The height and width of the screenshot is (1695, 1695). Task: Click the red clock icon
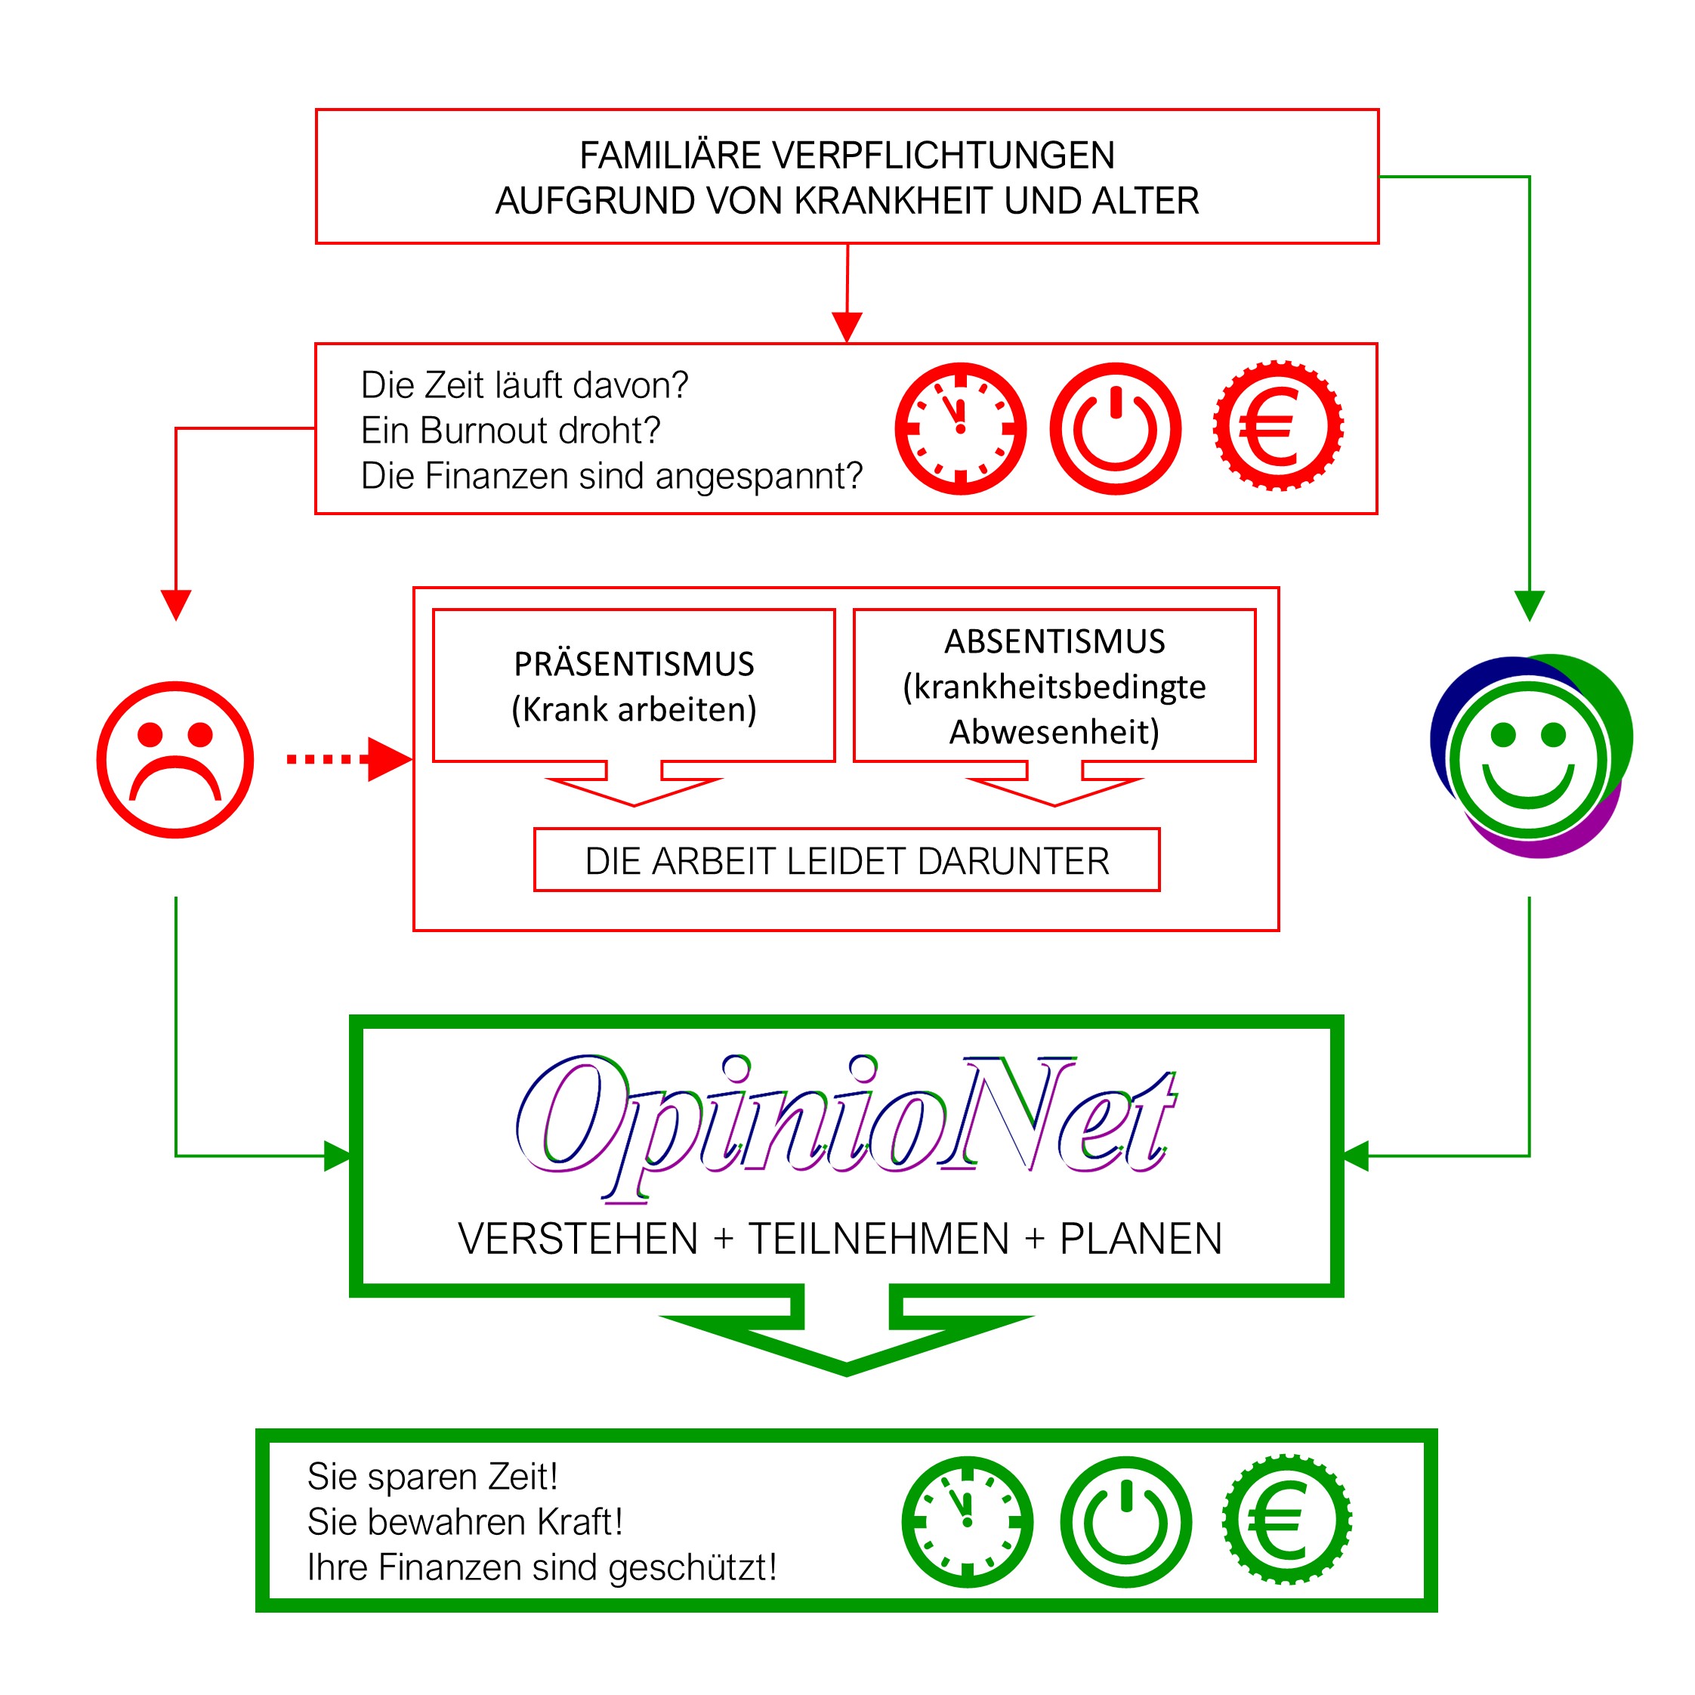(960, 428)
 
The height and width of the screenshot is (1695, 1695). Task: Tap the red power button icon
(1115, 428)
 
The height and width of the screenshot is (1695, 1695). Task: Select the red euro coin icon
(1277, 426)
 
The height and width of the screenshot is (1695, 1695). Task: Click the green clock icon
(967, 1521)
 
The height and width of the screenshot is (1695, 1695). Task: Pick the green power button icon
(1125, 1521)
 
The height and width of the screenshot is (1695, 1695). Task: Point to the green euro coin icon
(1286, 1520)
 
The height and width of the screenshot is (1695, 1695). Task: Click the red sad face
(175, 760)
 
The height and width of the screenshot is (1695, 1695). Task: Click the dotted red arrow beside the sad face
(349, 759)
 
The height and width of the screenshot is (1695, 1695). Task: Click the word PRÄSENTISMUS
(634, 664)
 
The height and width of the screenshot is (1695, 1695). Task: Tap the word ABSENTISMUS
(1054, 641)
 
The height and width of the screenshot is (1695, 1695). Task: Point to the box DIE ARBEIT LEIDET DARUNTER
(847, 860)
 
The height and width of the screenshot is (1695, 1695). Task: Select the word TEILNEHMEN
(878, 1239)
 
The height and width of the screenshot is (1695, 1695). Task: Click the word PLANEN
(1141, 1239)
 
